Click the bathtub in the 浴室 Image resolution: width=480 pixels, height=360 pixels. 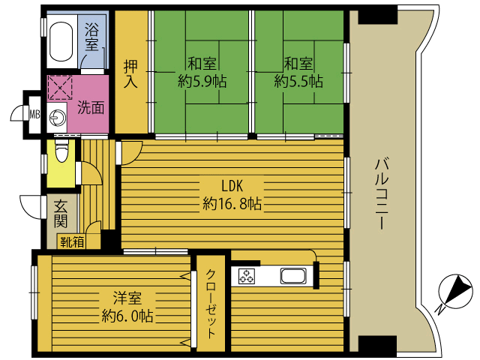tap(61, 42)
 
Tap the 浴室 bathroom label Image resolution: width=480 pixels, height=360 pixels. tap(91, 37)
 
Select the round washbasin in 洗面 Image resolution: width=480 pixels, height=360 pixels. tap(57, 117)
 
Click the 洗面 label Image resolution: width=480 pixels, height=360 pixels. tap(91, 107)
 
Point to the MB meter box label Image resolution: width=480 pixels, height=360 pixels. tap(34, 115)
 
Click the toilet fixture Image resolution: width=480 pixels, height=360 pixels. tap(61, 151)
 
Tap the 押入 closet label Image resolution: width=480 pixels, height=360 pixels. tap(130, 74)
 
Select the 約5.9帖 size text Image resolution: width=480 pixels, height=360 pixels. tap(202, 82)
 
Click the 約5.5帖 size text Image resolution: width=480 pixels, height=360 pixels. tap(298, 82)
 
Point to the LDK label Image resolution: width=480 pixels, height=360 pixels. tap(232, 186)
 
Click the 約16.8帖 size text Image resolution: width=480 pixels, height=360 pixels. tap(232, 203)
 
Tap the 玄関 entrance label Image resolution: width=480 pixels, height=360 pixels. tap(61, 214)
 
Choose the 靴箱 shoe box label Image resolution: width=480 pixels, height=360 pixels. tap(72, 242)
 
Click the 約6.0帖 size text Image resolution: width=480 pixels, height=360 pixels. tap(127, 316)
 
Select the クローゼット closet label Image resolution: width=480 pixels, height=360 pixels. tap(211, 304)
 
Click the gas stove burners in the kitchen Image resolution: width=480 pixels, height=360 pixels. tap(247, 276)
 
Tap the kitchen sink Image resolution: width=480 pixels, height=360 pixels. tap(293, 276)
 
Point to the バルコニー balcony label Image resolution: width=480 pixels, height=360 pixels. tap(382, 193)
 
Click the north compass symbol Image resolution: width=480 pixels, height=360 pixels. tap(455, 292)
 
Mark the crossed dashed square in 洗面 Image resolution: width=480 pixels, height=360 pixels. tap(60, 88)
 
